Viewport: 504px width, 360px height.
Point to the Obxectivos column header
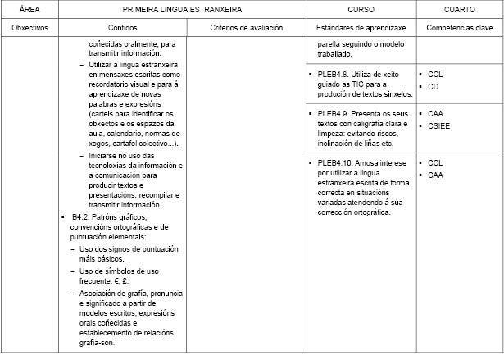(30, 27)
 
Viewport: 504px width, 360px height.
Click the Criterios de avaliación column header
(246, 27)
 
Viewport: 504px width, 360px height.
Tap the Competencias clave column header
(458, 27)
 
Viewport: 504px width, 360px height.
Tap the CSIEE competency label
(438, 125)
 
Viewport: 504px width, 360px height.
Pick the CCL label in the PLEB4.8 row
(435, 75)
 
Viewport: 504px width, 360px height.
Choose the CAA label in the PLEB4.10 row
(435, 175)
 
